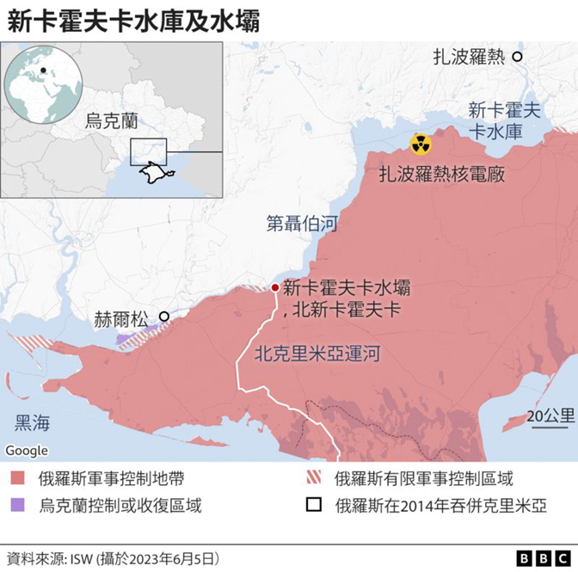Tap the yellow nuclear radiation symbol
click(x=421, y=144)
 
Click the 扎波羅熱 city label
click(x=468, y=57)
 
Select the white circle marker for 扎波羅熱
click(x=518, y=57)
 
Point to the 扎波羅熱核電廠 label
click(x=441, y=174)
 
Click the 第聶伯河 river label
click(x=302, y=225)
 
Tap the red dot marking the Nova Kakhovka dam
click(x=274, y=288)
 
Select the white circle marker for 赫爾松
click(x=164, y=316)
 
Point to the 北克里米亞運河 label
click(x=317, y=354)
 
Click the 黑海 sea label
click(x=33, y=422)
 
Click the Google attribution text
click(x=27, y=450)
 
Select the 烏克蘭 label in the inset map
click(x=112, y=120)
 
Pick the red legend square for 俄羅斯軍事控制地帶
click(x=17, y=479)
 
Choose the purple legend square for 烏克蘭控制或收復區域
click(x=17, y=505)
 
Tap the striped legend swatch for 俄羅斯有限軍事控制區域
click(x=313, y=479)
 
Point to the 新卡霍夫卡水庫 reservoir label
click(x=505, y=121)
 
